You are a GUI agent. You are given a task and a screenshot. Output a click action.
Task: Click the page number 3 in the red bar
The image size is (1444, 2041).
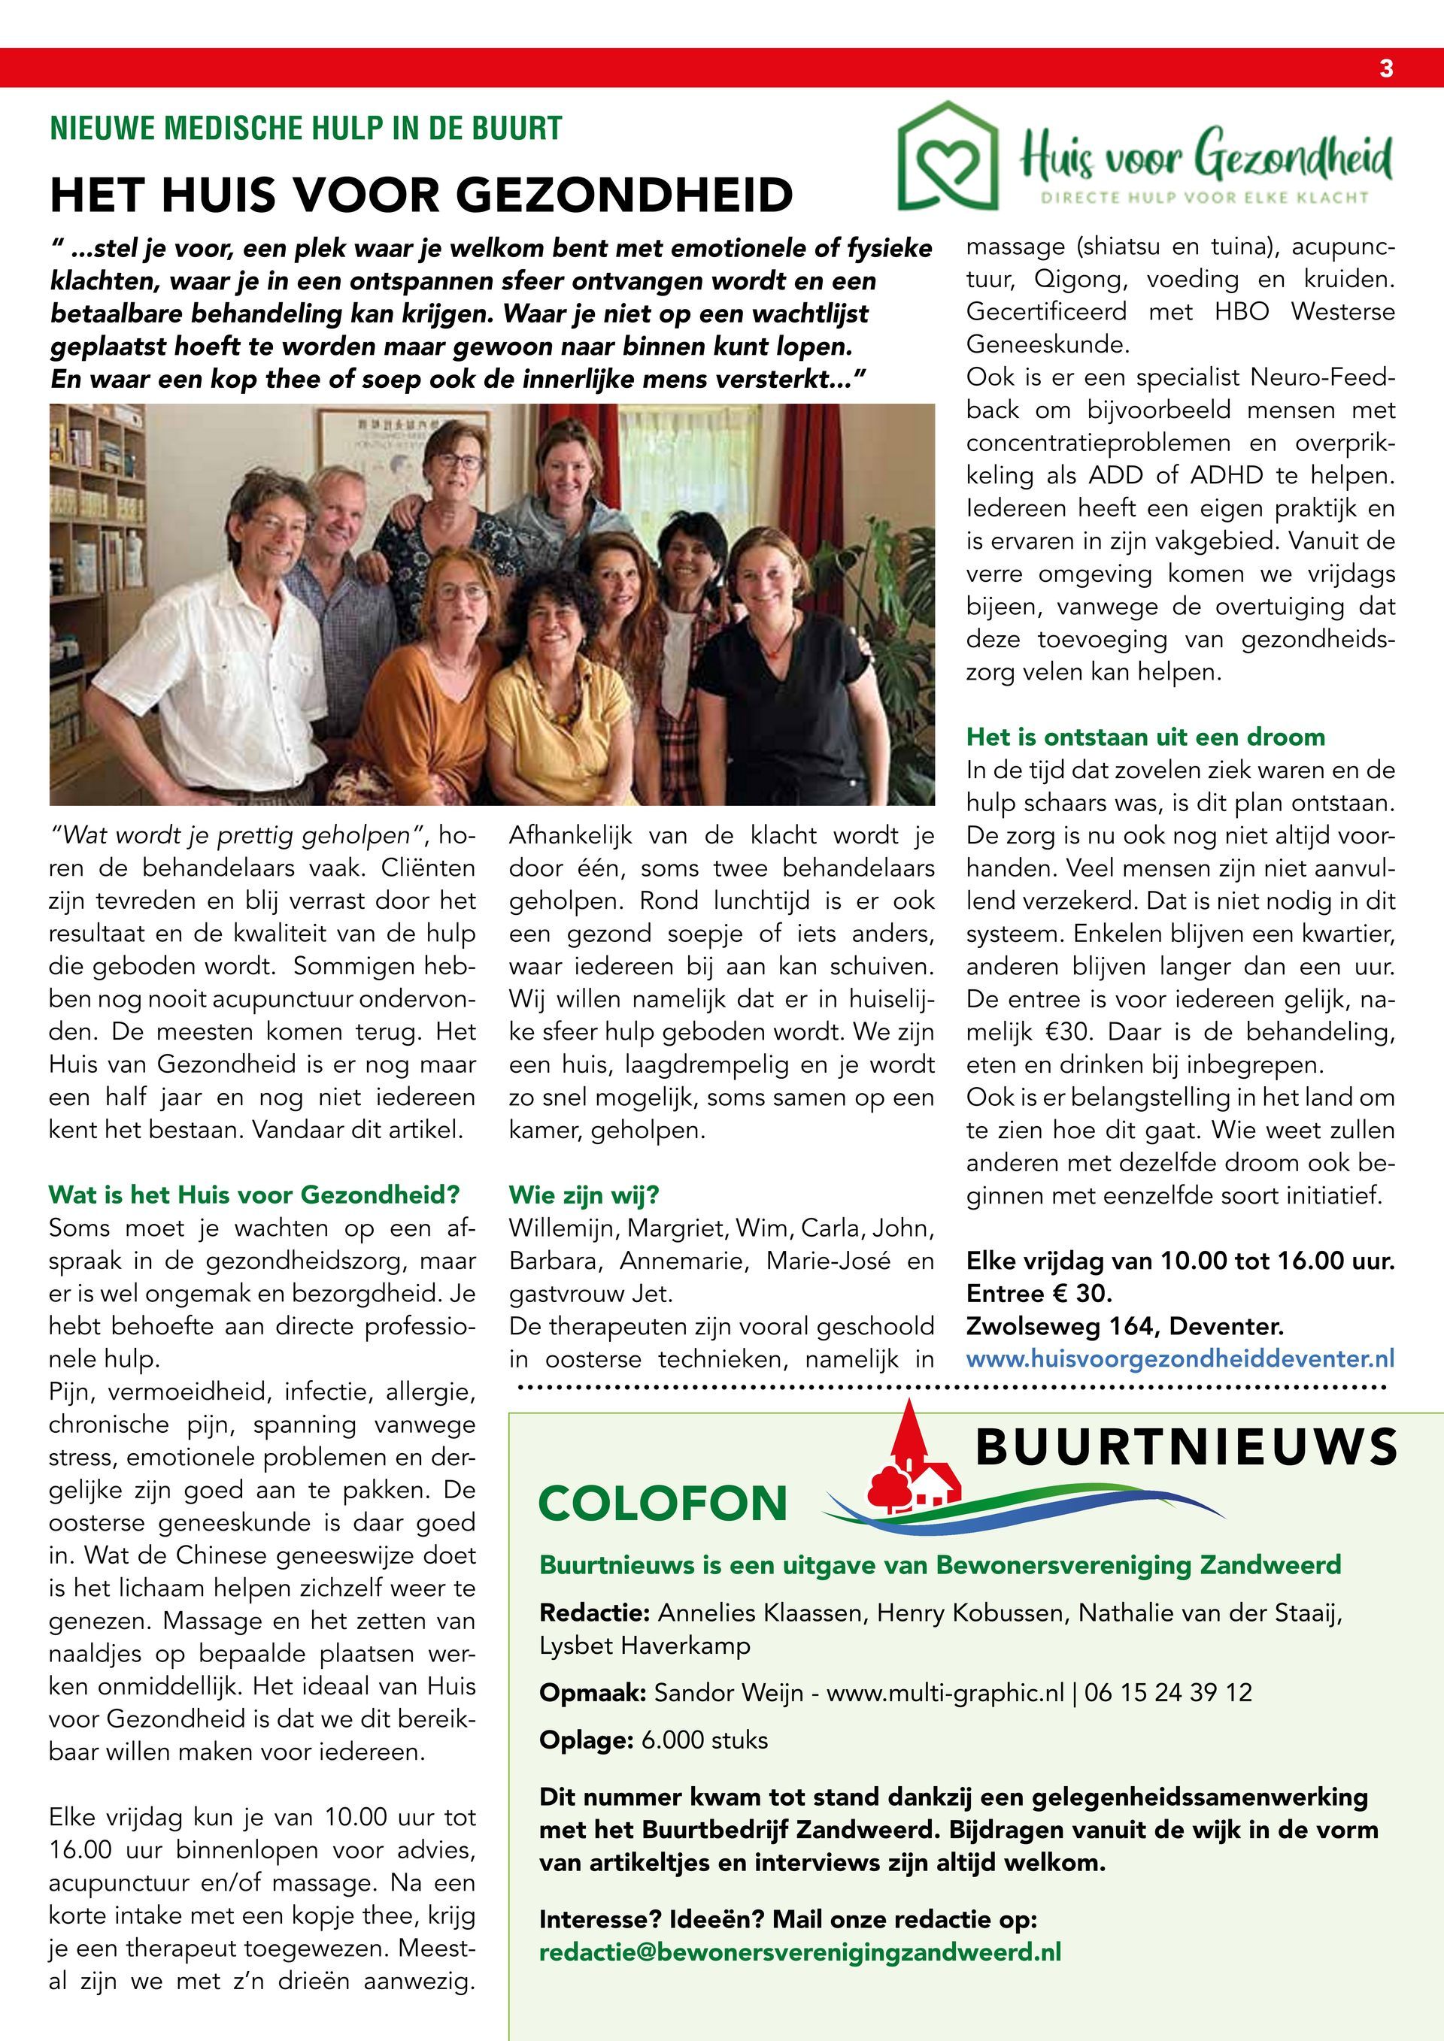click(x=1386, y=68)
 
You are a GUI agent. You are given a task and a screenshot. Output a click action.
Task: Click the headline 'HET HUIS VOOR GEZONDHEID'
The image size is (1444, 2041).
click(x=420, y=195)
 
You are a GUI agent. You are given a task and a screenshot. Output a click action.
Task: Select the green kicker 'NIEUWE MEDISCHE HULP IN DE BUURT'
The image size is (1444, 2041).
click(x=306, y=129)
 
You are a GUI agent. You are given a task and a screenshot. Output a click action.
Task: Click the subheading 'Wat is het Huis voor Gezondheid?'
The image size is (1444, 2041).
click(x=254, y=1194)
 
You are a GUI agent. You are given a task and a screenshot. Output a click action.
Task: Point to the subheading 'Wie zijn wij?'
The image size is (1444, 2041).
click(x=584, y=1194)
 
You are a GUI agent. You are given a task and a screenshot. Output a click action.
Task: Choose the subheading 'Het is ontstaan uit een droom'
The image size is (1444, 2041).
click(x=1145, y=737)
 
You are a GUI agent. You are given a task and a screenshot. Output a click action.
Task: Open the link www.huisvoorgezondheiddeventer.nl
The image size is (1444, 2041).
click(x=1180, y=1359)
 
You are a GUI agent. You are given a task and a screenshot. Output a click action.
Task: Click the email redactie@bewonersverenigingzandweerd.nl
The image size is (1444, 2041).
click(x=800, y=1952)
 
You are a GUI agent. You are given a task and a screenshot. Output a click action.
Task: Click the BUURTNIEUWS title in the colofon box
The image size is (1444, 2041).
click(x=1186, y=1448)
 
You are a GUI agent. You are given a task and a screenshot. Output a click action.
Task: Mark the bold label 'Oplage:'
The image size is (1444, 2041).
click(x=587, y=1740)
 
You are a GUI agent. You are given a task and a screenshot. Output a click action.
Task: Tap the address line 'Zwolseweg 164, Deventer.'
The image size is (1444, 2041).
click(x=1125, y=1326)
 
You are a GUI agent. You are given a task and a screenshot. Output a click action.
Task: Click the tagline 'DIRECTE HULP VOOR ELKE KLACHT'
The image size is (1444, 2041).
click(x=1205, y=198)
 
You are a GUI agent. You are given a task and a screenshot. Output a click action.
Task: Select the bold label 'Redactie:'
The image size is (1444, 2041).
click(x=595, y=1613)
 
